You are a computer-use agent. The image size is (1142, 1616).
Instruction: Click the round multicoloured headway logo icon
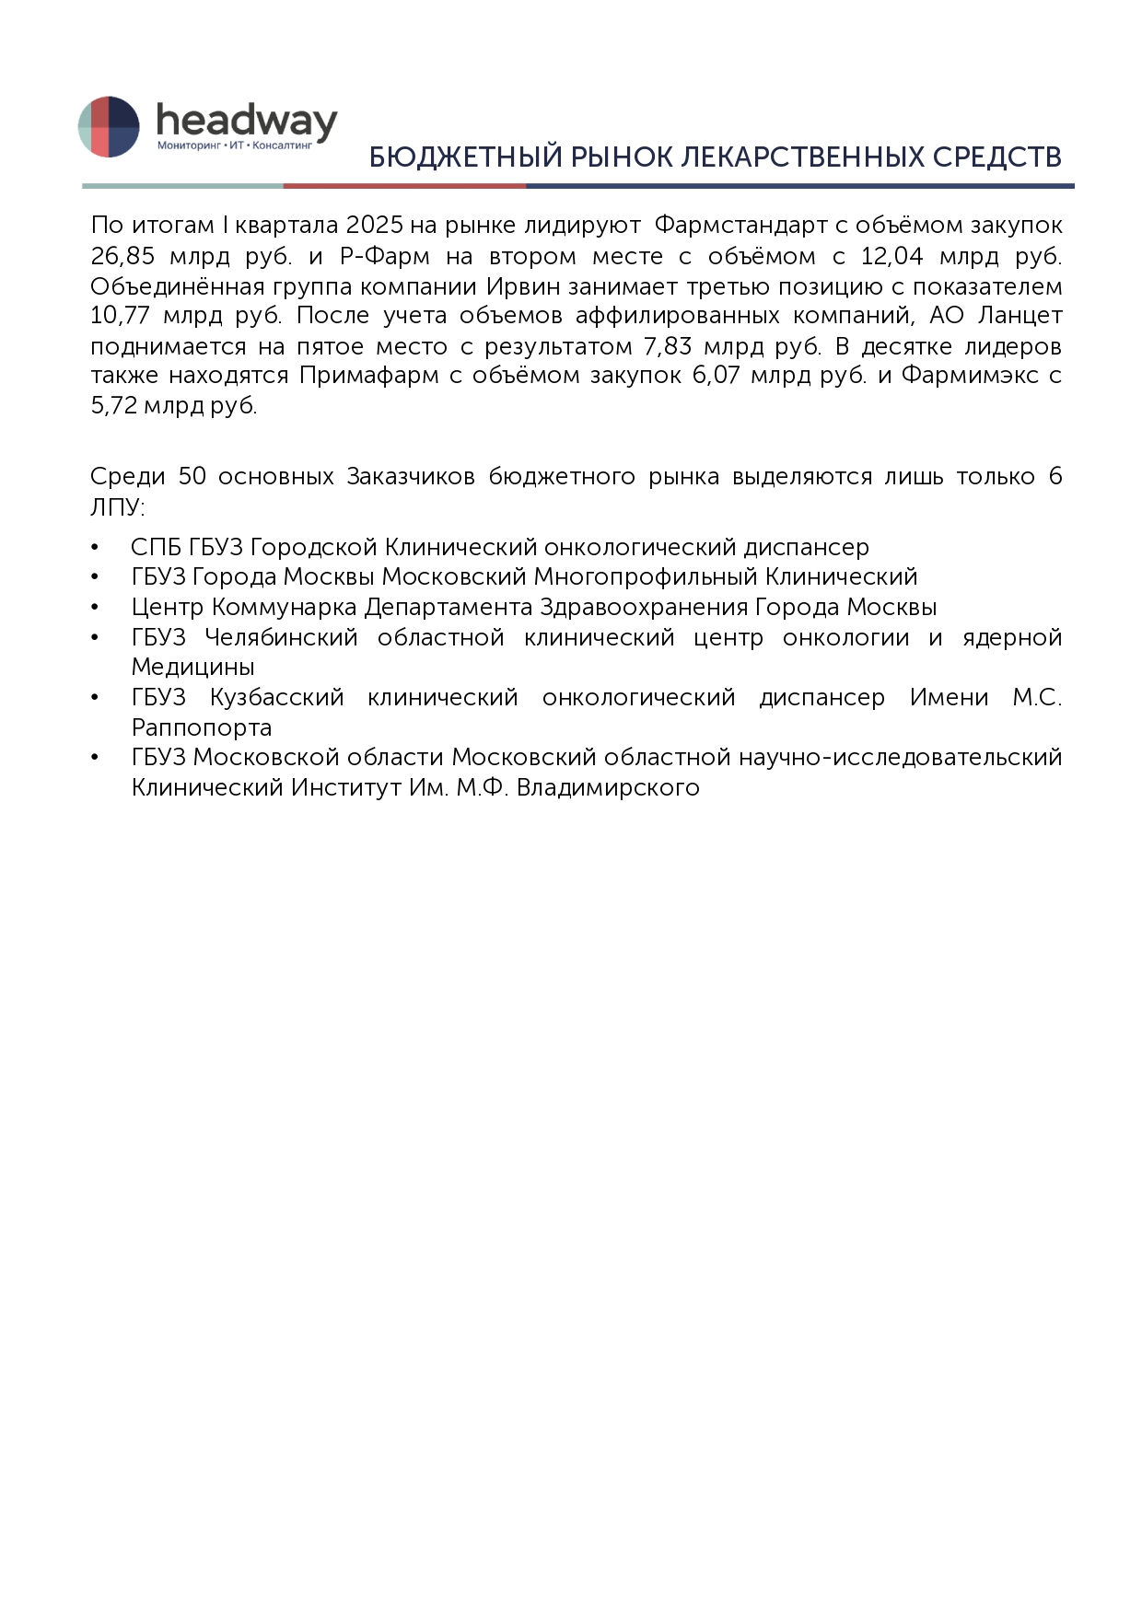pos(109,126)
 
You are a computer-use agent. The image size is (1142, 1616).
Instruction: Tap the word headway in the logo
pos(246,121)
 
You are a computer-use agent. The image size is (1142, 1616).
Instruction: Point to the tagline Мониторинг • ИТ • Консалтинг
pos(235,145)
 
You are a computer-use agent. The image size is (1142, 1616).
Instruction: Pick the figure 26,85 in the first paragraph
pos(122,255)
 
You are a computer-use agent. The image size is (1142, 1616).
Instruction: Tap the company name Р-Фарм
pos(384,255)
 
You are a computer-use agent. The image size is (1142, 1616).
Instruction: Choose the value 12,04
pos(891,255)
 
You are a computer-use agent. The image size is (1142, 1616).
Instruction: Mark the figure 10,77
pos(120,316)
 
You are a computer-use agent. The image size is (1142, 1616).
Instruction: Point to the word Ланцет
pos(1020,316)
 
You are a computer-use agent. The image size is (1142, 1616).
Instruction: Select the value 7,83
pos(668,346)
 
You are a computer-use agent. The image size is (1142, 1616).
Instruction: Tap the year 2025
pos(375,225)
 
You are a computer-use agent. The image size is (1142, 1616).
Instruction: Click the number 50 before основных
pos(192,476)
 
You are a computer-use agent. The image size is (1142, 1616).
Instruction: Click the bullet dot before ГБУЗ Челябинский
pos(95,637)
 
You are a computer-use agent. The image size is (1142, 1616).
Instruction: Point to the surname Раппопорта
pos(202,727)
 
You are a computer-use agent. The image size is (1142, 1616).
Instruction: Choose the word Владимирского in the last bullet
pos(608,788)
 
